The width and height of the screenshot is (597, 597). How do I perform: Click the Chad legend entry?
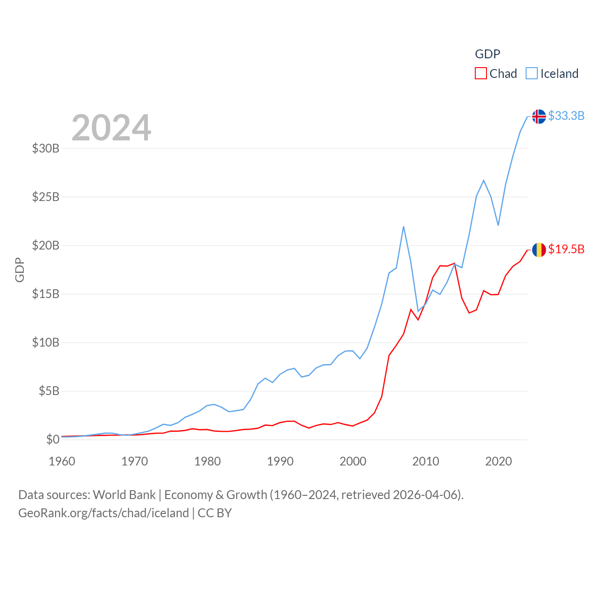[496, 74]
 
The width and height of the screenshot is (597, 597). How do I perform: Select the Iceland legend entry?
[552, 74]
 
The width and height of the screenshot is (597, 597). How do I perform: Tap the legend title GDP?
[487, 54]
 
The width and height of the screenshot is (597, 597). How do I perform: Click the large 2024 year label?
[111, 127]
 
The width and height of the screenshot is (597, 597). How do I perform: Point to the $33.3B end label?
[566, 116]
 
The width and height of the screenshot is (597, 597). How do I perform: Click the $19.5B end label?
[566, 249]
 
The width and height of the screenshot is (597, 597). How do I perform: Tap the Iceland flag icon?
[539, 116]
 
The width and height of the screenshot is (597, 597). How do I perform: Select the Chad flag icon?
[539, 250]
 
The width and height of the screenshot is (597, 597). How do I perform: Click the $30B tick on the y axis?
[46, 148]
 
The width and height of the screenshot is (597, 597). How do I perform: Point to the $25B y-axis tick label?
[46, 197]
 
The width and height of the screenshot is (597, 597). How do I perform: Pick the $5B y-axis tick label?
[49, 391]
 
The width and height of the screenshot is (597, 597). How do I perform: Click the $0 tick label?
[53, 439]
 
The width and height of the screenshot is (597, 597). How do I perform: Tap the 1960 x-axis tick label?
[62, 461]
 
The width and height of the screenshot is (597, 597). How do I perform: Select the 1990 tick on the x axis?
[280, 461]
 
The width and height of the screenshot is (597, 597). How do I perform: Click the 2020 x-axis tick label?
[499, 461]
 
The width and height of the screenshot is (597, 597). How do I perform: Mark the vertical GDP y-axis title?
[20, 270]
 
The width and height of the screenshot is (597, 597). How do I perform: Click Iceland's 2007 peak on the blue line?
[403, 227]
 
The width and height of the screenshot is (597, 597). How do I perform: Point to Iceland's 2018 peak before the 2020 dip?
[484, 180]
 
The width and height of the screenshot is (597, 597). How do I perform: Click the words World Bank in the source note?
[124, 494]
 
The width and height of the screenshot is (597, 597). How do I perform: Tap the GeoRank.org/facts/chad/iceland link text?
[104, 513]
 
